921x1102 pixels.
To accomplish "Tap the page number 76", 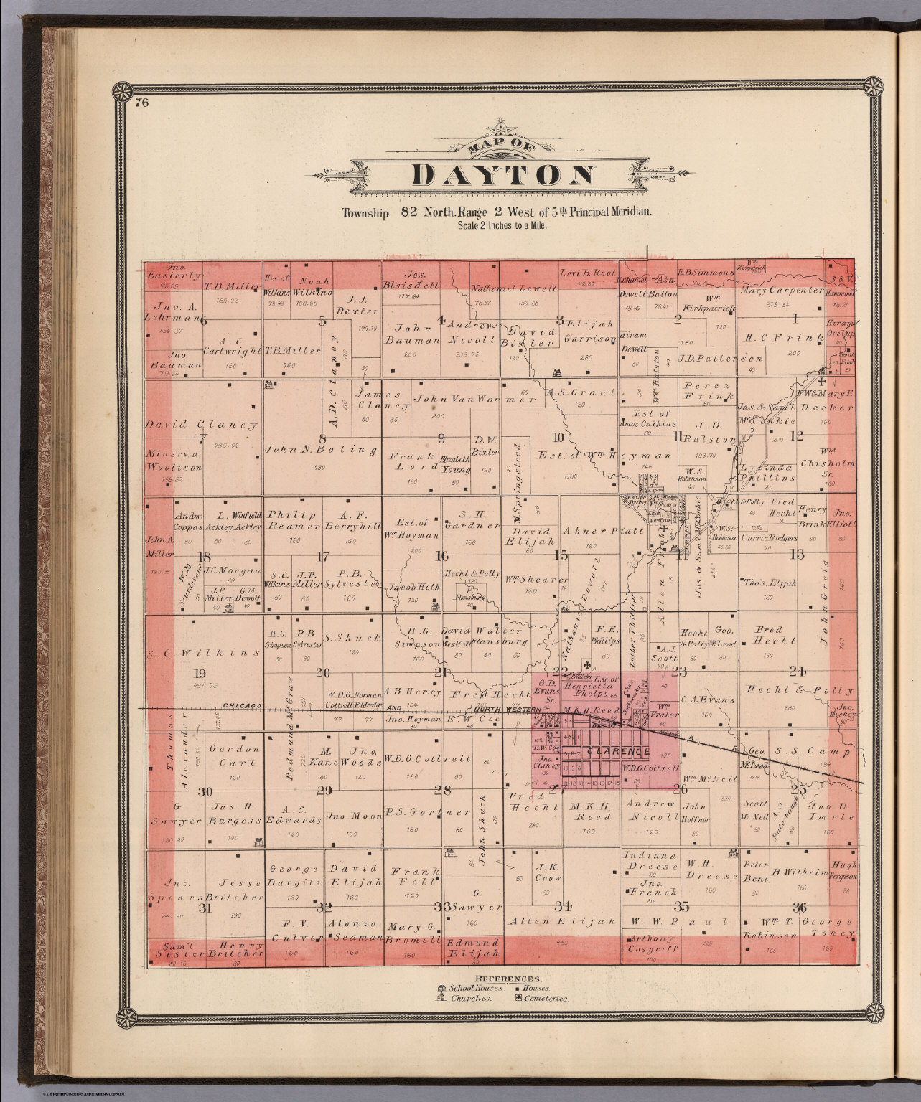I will point(141,102).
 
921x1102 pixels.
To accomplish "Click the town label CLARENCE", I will point(618,752).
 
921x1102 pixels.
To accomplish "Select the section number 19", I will point(200,674).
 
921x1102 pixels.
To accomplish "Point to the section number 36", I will point(799,907).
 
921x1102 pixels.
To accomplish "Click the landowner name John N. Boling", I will point(321,451).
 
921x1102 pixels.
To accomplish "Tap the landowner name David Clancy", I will point(201,425).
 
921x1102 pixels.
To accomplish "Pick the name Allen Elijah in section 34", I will point(561,920).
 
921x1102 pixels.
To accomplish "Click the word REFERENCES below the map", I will point(507,979).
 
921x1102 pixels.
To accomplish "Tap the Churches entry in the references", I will point(470,998).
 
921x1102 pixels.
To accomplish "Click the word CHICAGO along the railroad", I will point(241,705).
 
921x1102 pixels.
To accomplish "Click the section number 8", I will point(322,439).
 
